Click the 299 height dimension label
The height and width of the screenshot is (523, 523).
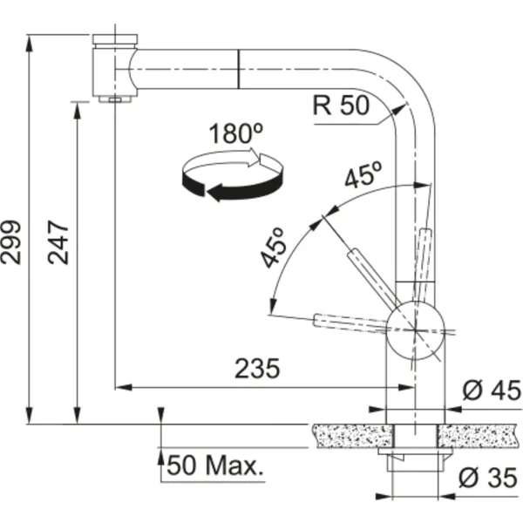coord(10,242)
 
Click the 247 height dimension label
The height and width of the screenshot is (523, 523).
coord(58,242)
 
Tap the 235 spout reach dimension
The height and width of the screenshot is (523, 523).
coord(257,369)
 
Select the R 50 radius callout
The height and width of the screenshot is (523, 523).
coord(341,105)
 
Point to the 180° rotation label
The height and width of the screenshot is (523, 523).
coord(236,133)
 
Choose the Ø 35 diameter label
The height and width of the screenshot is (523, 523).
coord(488,478)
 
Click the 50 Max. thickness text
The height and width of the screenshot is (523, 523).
coord(215,465)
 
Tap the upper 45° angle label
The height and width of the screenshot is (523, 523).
coord(363,174)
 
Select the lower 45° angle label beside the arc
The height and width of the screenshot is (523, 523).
coord(274,248)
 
